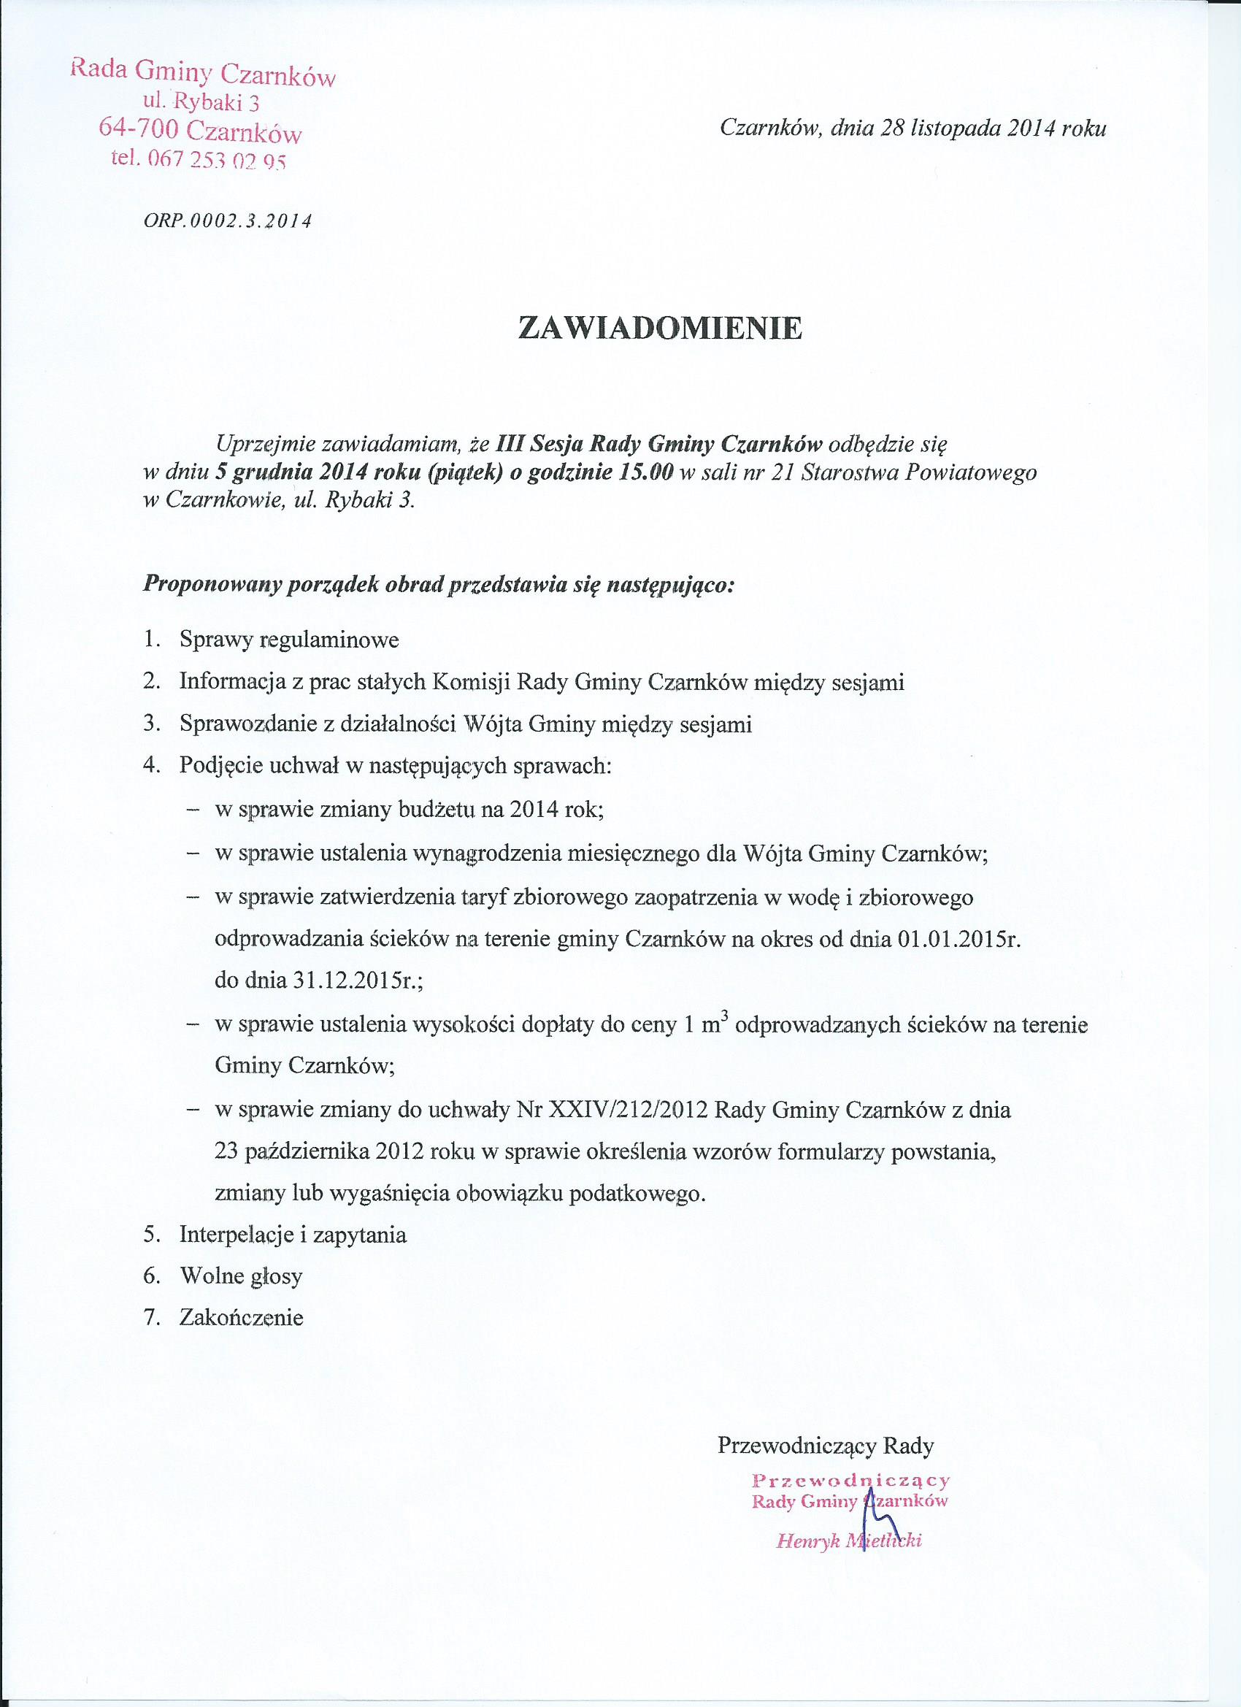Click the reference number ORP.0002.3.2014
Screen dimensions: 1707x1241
coord(228,221)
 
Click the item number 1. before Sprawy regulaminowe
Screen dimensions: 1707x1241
coord(152,640)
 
